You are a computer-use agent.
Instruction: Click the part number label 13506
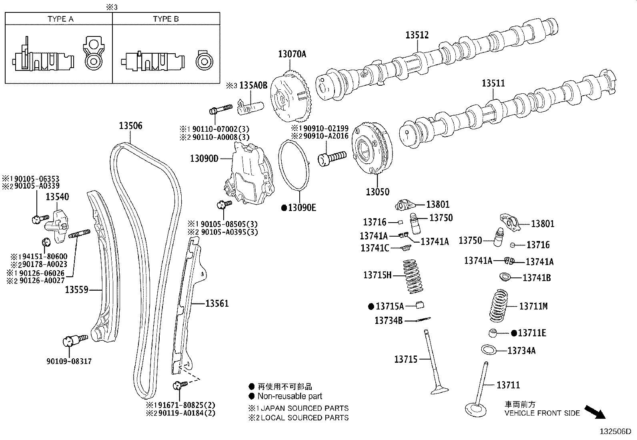click(x=130, y=126)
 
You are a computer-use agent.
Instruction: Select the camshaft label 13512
click(x=417, y=35)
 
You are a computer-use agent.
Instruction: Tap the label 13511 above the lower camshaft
click(x=493, y=83)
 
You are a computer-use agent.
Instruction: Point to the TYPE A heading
click(x=60, y=19)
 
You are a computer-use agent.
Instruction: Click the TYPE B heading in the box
click(x=166, y=19)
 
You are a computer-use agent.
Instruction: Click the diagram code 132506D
click(x=615, y=432)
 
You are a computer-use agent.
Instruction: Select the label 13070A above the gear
click(x=292, y=54)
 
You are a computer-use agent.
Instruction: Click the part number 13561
click(x=217, y=303)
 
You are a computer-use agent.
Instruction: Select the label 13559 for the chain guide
click(x=76, y=289)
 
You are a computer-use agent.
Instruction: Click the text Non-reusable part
click(x=290, y=396)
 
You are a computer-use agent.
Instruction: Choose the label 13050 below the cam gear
click(x=377, y=192)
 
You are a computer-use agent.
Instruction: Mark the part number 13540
click(x=57, y=197)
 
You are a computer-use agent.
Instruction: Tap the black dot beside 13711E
click(x=514, y=333)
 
